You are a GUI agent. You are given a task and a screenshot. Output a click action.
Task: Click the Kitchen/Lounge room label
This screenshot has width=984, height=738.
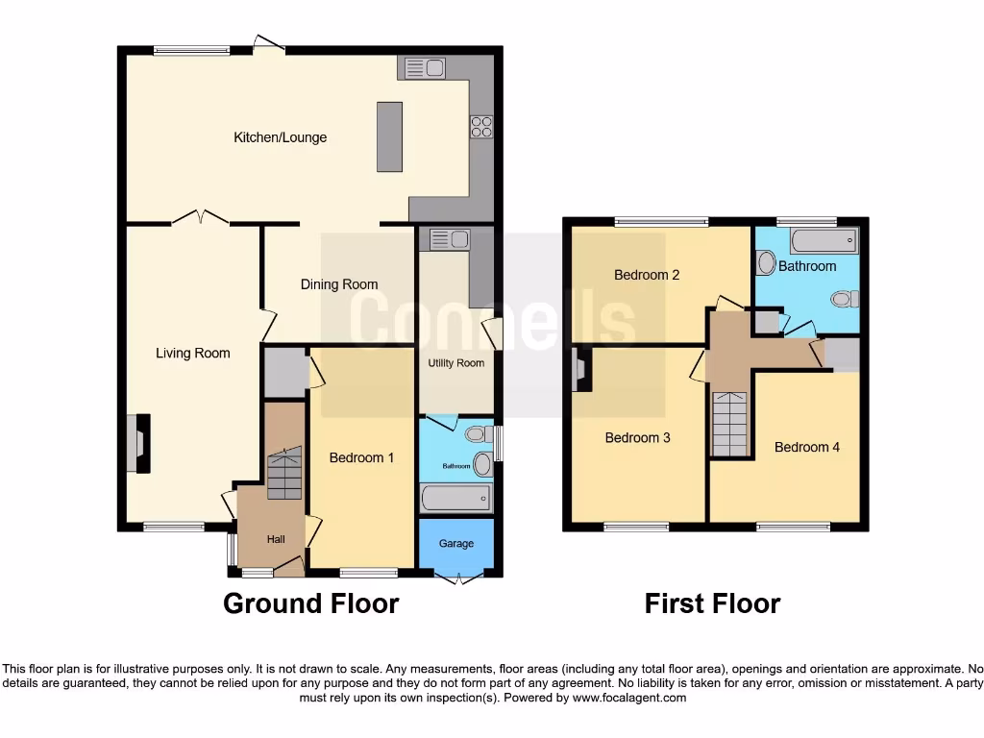point(281,137)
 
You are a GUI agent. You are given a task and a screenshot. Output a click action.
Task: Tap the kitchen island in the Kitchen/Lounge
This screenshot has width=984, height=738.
point(389,136)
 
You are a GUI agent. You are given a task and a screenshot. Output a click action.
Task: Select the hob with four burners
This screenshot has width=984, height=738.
point(480,127)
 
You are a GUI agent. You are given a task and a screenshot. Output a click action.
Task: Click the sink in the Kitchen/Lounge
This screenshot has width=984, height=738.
point(424,67)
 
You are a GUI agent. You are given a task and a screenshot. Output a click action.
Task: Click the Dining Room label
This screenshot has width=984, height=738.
point(339,284)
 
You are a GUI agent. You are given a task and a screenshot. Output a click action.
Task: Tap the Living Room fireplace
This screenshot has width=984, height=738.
point(137,443)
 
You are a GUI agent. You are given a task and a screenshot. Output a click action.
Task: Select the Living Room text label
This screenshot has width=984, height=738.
point(193,353)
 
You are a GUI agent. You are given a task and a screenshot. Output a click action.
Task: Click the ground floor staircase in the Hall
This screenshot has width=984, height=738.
point(284,476)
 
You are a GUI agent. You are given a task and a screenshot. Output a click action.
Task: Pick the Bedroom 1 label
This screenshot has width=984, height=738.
point(361,457)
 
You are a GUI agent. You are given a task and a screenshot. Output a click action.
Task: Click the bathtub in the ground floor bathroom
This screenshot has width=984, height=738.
point(456,498)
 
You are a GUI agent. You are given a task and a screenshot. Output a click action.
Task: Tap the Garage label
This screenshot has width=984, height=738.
point(456,543)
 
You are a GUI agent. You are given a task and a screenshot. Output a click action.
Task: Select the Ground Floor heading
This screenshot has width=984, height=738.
point(310,603)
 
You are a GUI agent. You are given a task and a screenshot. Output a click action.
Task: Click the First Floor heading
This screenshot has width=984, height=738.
point(712,603)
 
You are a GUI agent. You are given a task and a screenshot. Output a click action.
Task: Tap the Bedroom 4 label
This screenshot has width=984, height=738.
point(807,447)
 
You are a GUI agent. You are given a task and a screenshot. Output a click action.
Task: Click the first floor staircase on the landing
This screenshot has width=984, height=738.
point(729,424)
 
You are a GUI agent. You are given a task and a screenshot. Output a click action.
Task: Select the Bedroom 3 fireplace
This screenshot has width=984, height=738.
point(579,369)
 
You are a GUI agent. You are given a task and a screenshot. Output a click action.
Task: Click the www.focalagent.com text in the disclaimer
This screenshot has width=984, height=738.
point(630,698)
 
